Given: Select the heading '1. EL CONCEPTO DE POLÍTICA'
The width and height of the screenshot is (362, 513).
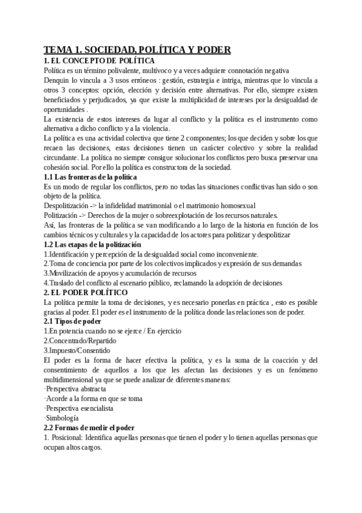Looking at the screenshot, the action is (99, 60).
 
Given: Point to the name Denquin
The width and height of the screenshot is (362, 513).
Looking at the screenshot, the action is (58, 80).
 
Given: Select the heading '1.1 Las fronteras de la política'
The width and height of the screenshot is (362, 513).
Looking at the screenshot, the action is (90, 177).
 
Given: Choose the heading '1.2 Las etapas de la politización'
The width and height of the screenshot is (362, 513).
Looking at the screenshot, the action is (92, 244).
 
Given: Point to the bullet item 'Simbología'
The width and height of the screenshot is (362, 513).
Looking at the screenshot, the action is (62, 418).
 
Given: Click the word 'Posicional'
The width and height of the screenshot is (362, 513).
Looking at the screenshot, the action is (66, 437).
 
